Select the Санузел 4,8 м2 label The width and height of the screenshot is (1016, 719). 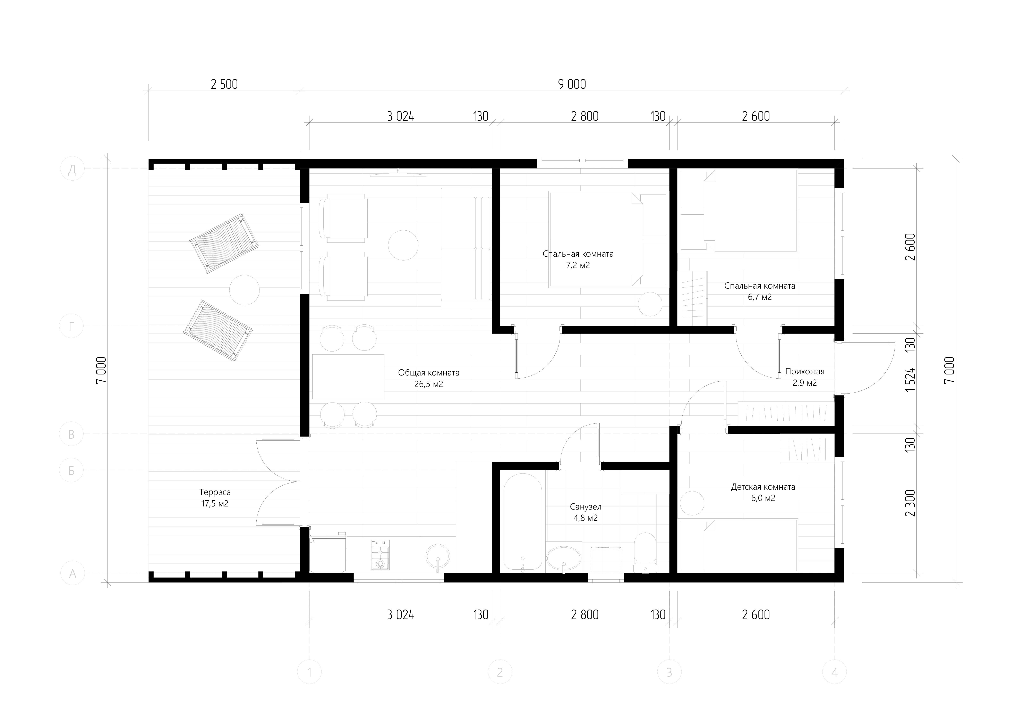click(x=586, y=512)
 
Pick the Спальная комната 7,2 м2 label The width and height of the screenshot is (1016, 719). click(x=578, y=259)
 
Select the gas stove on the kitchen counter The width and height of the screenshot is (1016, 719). click(x=380, y=555)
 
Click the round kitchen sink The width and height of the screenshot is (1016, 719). click(x=438, y=556)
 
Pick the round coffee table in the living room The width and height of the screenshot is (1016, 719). click(x=403, y=245)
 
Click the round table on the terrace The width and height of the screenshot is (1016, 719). click(x=244, y=290)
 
